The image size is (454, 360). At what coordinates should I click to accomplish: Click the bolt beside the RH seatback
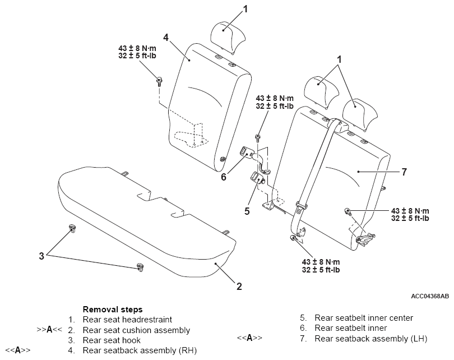click(x=159, y=81)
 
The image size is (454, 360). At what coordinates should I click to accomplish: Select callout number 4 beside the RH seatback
click(x=165, y=38)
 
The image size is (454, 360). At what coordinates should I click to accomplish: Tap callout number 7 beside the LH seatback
click(x=404, y=172)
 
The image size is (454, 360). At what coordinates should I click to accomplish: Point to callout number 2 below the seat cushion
click(x=239, y=287)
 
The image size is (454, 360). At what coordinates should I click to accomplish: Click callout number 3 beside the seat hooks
click(x=41, y=256)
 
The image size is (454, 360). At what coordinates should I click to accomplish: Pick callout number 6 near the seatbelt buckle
click(x=224, y=177)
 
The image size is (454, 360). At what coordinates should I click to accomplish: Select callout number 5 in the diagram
click(x=247, y=211)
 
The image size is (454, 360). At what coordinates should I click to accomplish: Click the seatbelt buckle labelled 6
click(x=246, y=153)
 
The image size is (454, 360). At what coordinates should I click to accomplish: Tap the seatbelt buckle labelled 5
click(x=257, y=177)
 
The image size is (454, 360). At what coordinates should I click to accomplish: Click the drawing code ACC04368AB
click(x=430, y=296)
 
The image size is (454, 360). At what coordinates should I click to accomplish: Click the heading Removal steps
click(x=113, y=310)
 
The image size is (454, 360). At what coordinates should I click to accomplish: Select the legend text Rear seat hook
click(x=112, y=340)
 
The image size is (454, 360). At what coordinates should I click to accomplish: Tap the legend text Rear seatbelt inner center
click(x=364, y=318)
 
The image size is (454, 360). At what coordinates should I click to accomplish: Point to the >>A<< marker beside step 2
click(x=49, y=330)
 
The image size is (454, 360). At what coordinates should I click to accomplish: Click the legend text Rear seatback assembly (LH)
click(x=371, y=338)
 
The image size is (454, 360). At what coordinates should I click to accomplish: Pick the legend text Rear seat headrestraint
click(x=127, y=320)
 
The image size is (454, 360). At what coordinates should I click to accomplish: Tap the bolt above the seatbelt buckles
click(x=257, y=137)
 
